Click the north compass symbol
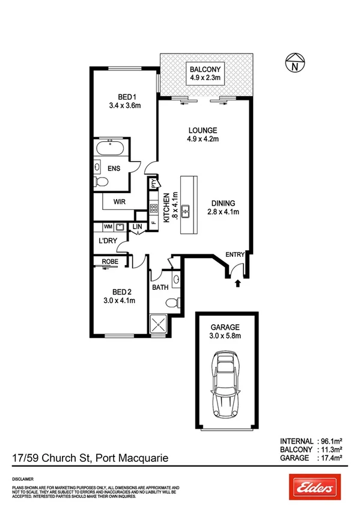pos(294,63)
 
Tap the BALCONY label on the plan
pos(203,68)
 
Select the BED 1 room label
pos(125,97)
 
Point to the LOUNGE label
pos(203,130)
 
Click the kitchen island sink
pos(187,210)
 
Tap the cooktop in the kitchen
pos(153,210)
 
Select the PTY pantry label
pos(154,183)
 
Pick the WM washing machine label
pos(108,227)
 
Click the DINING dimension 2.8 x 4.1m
pos(223,212)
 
